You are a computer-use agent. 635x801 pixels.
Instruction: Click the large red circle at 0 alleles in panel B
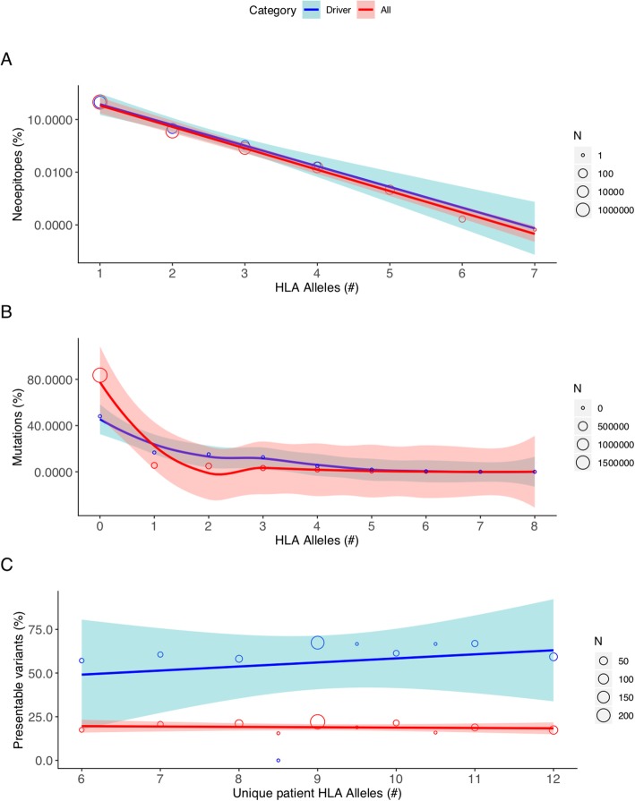coord(99,376)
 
